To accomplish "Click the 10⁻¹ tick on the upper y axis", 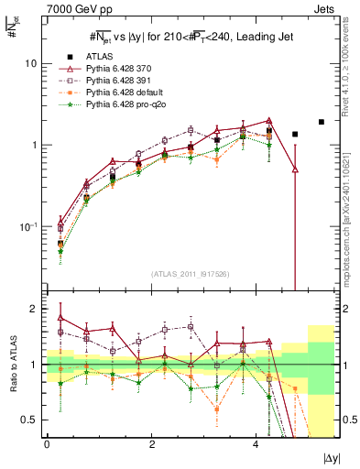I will (x=27, y=227).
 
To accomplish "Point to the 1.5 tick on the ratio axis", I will (x=29, y=336).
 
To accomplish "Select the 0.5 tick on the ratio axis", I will (x=29, y=420).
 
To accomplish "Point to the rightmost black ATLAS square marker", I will (x=322, y=122).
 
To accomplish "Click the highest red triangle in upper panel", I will (x=269, y=120).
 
